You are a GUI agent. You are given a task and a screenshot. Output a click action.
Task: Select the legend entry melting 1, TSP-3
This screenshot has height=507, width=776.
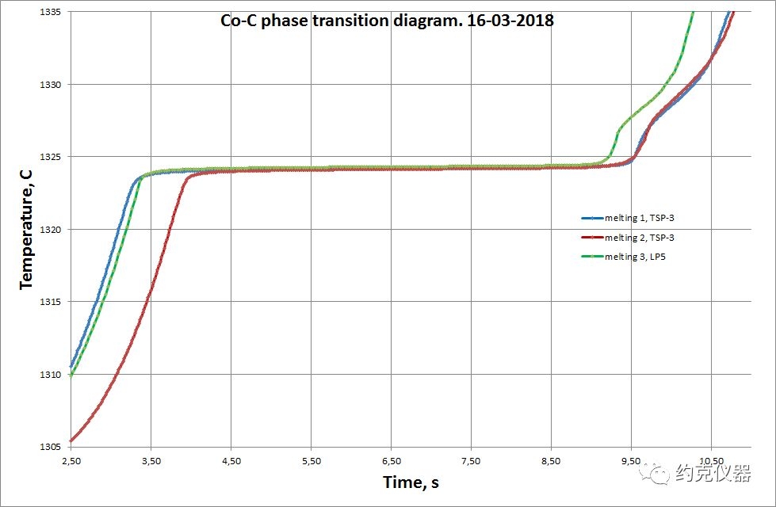tap(640, 218)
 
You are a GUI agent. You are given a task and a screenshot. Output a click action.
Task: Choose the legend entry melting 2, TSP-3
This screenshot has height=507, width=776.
tap(640, 237)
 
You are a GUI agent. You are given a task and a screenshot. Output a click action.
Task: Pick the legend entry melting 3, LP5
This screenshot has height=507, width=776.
tap(635, 257)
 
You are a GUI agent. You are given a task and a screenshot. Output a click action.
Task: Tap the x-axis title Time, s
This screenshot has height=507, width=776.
tap(411, 482)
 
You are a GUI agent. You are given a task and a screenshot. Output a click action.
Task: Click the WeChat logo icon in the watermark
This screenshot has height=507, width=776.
tap(659, 475)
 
